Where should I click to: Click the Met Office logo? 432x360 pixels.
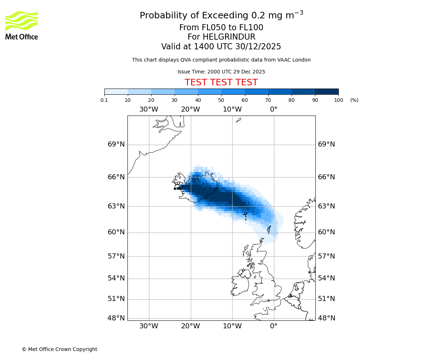pyautogui.click(x=22, y=25)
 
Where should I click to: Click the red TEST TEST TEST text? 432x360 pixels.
pyautogui.click(x=221, y=82)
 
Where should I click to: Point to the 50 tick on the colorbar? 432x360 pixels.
pyautogui.click(x=221, y=100)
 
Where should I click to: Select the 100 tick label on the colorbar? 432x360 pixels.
pyautogui.click(x=338, y=100)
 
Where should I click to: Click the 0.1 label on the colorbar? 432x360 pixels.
pyautogui.click(x=104, y=100)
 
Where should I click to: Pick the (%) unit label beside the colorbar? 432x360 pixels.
pyautogui.click(x=354, y=100)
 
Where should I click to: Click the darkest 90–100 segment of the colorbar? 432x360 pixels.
pyautogui.click(x=327, y=91)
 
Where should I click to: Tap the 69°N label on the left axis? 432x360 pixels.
pyautogui.click(x=116, y=144)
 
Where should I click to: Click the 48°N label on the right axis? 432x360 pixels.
pyautogui.click(x=327, y=318)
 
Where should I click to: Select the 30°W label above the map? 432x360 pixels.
pyautogui.click(x=149, y=109)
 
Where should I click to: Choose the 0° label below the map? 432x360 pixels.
pyautogui.click(x=274, y=326)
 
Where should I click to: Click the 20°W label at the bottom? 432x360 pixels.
pyautogui.click(x=190, y=326)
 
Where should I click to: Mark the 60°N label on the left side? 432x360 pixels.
pyautogui.click(x=116, y=232)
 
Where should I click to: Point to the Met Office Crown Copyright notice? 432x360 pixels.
pyautogui.click(x=59, y=349)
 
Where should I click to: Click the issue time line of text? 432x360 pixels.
pyautogui.click(x=221, y=72)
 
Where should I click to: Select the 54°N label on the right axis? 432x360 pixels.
pyautogui.click(x=327, y=278)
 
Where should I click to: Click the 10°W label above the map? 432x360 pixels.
pyautogui.click(x=232, y=109)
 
